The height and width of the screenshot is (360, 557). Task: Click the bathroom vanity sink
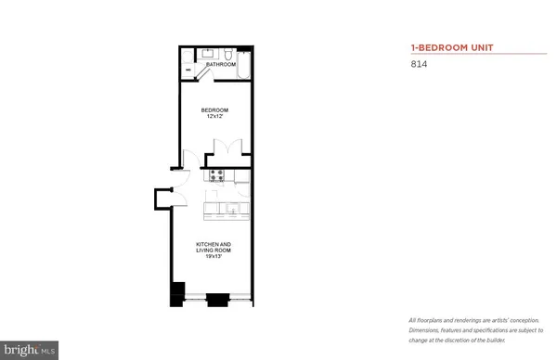[x=206, y=54]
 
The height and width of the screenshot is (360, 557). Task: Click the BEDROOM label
[x=215, y=110]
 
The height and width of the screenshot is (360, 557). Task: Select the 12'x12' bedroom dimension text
[x=215, y=117]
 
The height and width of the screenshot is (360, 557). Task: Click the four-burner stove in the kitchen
[x=217, y=174]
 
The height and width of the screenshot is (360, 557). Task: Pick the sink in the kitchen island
[x=233, y=208]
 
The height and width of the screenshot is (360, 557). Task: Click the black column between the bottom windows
[x=217, y=299]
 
